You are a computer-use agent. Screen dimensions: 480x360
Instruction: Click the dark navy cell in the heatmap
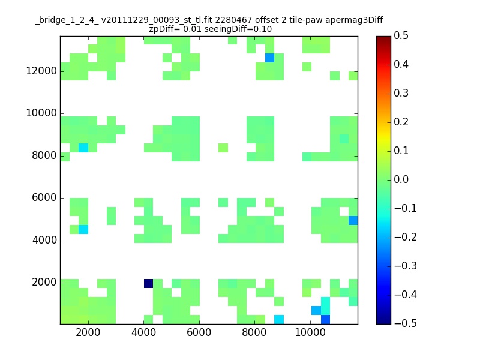pyautogui.click(x=148, y=283)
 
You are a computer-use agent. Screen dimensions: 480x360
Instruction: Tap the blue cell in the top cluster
pyautogui.click(x=269, y=58)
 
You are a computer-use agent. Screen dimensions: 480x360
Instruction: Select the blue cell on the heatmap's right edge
pyautogui.click(x=353, y=220)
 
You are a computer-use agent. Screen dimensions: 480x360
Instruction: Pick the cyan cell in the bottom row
pyautogui.click(x=279, y=320)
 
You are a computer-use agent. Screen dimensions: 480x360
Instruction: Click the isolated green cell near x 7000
pyautogui.click(x=223, y=148)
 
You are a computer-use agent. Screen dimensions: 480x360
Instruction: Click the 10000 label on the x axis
pyautogui.click(x=310, y=332)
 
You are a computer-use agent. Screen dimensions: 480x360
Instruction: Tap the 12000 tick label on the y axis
pyautogui.click(x=41, y=71)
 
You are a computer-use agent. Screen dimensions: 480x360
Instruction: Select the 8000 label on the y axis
pyautogui.click(x=44, y=155)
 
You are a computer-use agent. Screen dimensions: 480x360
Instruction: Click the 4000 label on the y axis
pyautogui.click(x=44, y=240)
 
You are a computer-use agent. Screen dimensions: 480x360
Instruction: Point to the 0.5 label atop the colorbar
pyautogui.click(x=401, y=35)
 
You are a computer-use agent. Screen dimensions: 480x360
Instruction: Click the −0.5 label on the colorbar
pyautogui.click(x=406, y=323)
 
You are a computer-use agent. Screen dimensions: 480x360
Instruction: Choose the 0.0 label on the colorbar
pyautogui.click(x=401, y=179)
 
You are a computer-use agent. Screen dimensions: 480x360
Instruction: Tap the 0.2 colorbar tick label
pyautogui.click(x=401, y=122)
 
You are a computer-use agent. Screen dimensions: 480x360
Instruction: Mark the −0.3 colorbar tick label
pyautogui.click(x=406, y=266)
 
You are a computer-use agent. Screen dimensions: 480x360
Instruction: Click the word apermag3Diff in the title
pyautogui.click(x=354, y=20)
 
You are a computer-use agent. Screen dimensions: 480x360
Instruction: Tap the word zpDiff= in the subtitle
pyautogui.click(x=164, y=29)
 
